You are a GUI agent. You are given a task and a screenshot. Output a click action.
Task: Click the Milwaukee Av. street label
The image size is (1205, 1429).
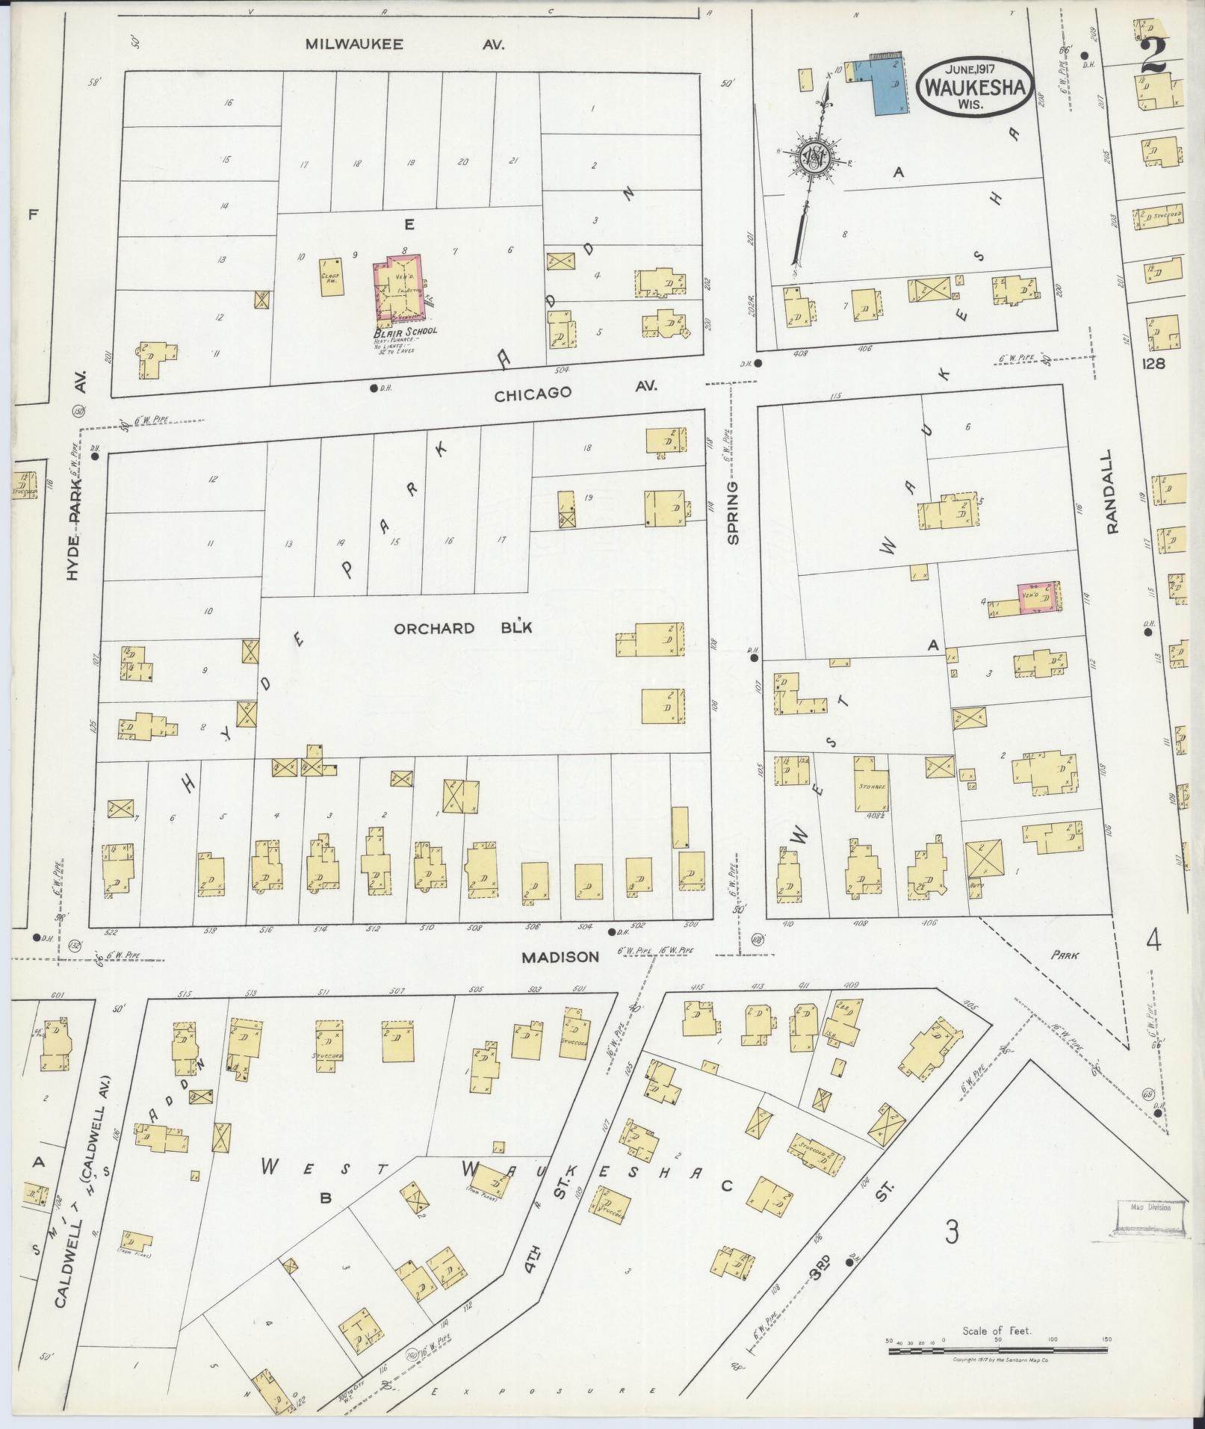(x=404, y=44)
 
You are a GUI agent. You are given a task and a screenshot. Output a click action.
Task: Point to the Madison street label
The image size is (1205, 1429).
(x=560, y=956)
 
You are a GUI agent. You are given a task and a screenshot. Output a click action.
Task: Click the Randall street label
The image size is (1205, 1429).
(x=1112, y=491)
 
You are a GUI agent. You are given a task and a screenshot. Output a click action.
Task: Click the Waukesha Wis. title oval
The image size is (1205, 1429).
(x=976, y=87)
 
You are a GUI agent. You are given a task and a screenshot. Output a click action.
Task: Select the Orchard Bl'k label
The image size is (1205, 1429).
(x=463, y=628)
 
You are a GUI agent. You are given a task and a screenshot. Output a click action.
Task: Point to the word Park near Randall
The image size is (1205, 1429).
(x=1065, y=954)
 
